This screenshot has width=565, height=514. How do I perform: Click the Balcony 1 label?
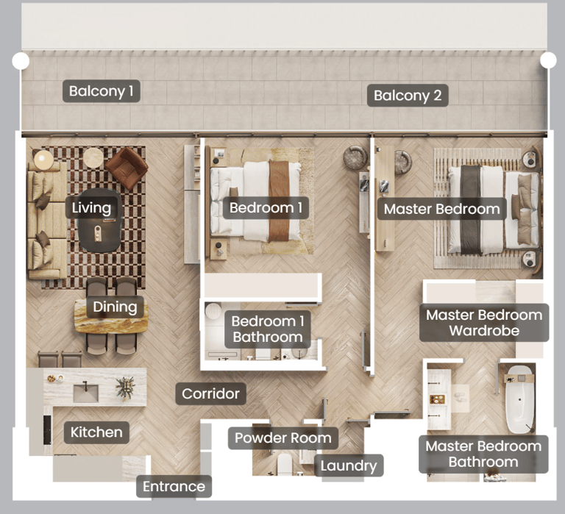point(102,91)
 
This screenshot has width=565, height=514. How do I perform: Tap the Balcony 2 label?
point(408,96)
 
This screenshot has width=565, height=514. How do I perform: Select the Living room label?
point(91,208)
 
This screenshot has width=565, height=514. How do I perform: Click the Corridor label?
point(211,393)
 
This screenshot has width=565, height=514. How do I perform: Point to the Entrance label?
point(174,487)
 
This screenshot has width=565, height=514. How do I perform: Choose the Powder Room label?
point(282,438)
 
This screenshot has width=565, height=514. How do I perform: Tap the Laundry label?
point(349,465)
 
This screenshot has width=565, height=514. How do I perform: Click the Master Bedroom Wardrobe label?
point(484,323)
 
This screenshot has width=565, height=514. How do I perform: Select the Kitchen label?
point(96,432)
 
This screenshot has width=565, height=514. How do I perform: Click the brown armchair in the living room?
point(127,168)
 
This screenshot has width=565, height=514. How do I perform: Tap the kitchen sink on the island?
point(86,393)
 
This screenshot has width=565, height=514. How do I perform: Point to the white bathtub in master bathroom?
point(519,399)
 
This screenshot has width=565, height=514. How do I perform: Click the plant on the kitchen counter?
point(125,388)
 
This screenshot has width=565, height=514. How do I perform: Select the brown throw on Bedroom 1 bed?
point(279,201)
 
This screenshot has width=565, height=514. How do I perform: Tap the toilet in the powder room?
point(284,464)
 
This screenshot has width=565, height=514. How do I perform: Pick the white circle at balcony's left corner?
point(21,61)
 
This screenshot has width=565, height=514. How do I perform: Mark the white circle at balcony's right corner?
point(548,60)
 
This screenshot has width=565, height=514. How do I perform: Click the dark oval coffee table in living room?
point(99,221)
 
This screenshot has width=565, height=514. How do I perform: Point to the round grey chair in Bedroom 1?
point(355,157)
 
